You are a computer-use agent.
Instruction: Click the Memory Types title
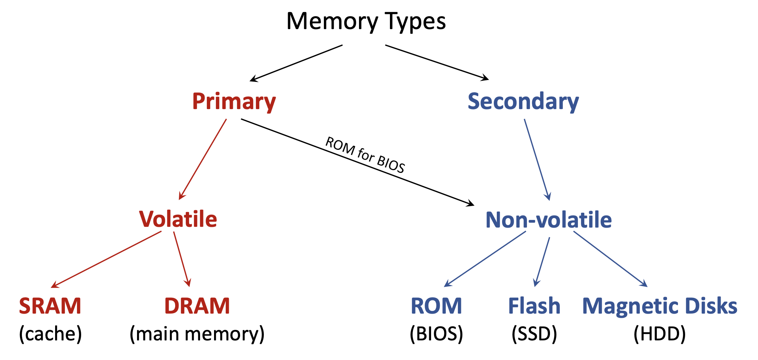tap(366, 22)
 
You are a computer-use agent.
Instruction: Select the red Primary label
tap(234, 102)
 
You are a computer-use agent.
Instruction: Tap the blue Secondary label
tap(523, 102)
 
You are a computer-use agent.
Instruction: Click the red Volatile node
tap(178, 219)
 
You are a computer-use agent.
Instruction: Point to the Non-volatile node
tap(548, 220)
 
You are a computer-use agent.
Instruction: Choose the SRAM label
tap(50, 306)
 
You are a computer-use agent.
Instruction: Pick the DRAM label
tap(197, 306)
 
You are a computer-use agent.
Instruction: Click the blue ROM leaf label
tap(436, 306)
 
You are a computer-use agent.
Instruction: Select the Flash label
tap(534, 306)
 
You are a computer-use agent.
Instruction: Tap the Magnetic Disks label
tap(659, 306)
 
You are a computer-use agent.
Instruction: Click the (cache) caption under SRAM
tap(50, 334)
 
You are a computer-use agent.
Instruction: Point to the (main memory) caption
tap(197, 334)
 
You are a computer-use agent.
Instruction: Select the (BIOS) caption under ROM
tap(436, 334)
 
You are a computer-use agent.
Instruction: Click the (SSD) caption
tap(534, 334)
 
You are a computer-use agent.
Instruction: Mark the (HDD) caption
tap(659, 334)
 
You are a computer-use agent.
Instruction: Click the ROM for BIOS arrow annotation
tap(365, 155)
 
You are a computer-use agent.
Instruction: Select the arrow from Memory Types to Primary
tap(296, 63)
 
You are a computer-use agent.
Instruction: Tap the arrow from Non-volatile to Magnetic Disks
tap(610, 258)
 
